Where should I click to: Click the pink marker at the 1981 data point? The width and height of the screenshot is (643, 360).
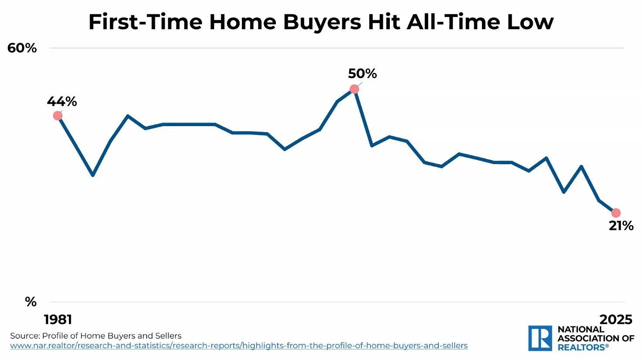[58, 116]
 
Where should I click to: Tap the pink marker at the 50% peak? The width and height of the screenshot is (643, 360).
[354, 89]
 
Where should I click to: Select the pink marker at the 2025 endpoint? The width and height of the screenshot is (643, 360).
[616, 213]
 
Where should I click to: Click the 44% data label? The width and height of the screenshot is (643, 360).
[62, 102]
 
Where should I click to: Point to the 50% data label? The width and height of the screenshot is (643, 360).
[362, 74]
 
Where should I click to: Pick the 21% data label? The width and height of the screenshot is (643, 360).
[621, 226]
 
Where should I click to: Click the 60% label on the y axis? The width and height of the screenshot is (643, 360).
[22, 48]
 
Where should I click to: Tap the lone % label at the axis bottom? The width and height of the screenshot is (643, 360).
[31, 302]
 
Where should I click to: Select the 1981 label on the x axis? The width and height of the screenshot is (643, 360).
[58, 319]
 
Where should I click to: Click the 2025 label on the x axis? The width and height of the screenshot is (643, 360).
[615, 319]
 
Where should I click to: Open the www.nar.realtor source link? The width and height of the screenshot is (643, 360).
[239, 346]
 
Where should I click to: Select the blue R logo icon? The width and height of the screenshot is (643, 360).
[540, 338]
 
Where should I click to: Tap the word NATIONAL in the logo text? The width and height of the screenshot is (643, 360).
[581, 329]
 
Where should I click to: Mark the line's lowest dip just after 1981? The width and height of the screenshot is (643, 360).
[93, 175]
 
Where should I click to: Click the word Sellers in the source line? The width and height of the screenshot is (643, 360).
[166, 336]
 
